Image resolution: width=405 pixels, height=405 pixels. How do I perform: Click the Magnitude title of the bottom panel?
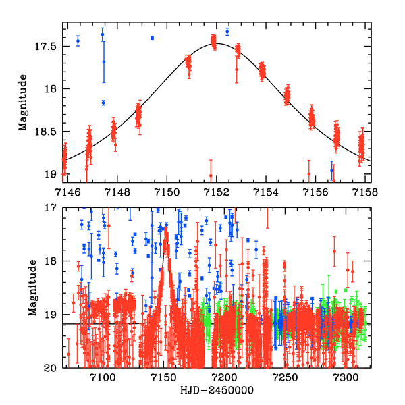tap(23, 288)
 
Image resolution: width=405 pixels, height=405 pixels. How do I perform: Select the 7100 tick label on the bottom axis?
tap(102, 378)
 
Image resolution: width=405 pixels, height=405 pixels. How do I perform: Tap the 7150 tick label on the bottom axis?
tap(163, 378)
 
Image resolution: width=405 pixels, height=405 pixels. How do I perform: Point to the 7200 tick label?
tap(223, 378)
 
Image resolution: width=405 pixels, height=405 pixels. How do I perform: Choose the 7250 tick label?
tap(284, 378)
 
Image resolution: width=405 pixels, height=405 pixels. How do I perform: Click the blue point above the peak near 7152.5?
tap(227, 31)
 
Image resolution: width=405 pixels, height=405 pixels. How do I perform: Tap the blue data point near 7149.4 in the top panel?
tap(153, 38)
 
